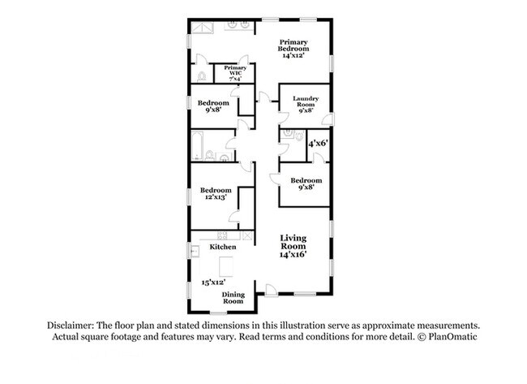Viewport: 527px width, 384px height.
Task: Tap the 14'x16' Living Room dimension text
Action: click(293, 254)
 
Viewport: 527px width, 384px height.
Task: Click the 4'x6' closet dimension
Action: click(319, 144)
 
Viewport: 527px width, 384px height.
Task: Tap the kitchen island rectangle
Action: click(226, 266)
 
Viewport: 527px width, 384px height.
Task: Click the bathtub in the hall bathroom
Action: click(197, 145)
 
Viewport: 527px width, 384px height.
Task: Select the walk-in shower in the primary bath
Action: click(203, 28)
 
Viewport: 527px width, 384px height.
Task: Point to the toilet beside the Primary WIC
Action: click(202, 77)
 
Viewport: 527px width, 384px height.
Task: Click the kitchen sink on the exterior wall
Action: click(195, 252)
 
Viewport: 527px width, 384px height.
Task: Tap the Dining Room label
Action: click(233, 298)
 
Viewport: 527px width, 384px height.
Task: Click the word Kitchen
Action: click(223, 247)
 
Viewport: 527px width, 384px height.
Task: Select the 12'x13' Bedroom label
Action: click(216, 193)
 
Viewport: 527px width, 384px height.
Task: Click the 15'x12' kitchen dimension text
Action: click(213, 283)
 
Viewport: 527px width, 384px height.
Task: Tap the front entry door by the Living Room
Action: click(272, 291)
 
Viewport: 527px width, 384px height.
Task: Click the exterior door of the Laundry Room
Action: click(328, 119)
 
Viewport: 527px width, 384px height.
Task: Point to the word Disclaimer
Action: click(71, 326)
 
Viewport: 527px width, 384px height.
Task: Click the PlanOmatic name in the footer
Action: click(452, 337)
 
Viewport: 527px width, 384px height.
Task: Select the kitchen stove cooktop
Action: click(222, 235)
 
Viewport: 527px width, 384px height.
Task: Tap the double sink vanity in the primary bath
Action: click(238, 26)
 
